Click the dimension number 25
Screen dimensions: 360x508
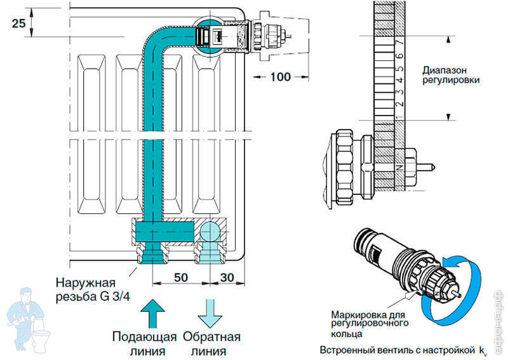(x=18, y=24)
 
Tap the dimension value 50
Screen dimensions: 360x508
(x=181, y=278)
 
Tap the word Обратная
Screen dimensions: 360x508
(x=211, y=336)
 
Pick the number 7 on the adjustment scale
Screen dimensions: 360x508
(x=399, y=43)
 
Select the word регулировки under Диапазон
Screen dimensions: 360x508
(x=451, y=81)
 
